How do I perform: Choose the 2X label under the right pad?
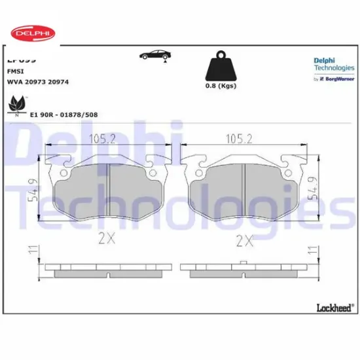(244, 240)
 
